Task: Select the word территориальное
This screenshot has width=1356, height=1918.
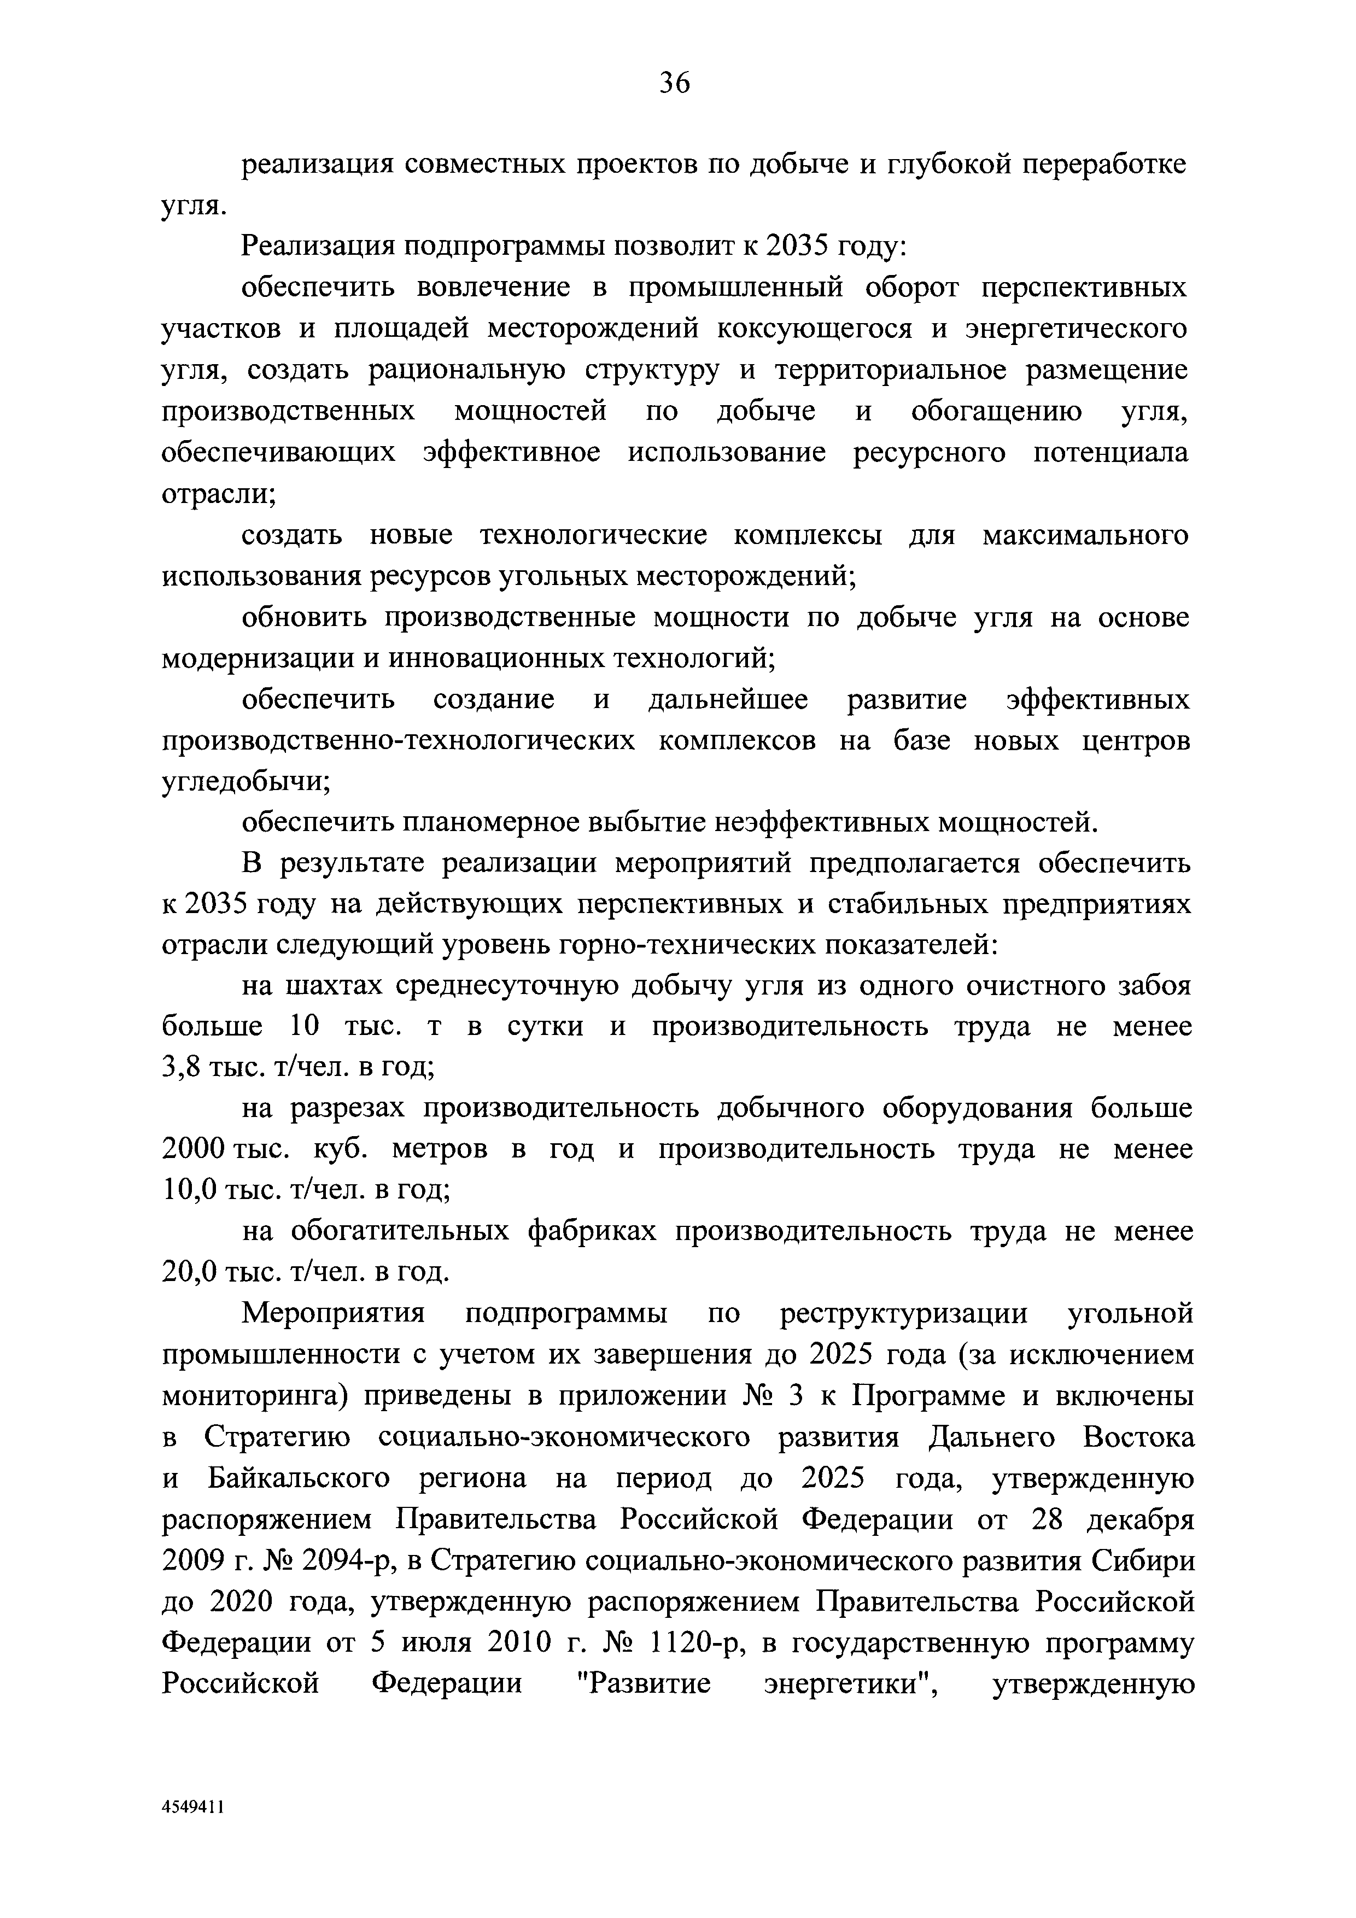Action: [x=886, y=370]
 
